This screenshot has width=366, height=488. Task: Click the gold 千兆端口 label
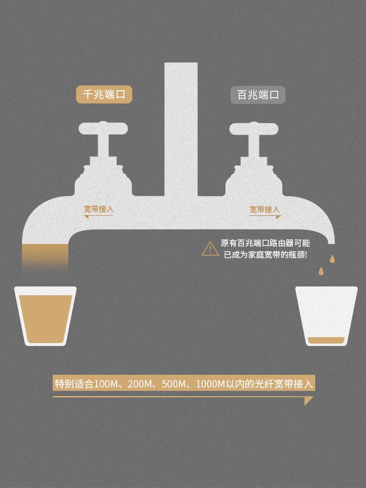pos(104,94)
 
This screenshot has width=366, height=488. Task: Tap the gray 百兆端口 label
pos(258,95)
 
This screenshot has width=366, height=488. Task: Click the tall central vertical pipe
pos(181,127)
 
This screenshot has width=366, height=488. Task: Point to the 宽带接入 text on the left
pos(99,209)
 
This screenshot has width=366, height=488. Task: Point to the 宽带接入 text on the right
pos(265,209)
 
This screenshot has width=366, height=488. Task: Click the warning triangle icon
pos(210,249)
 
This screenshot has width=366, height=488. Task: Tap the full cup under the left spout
pos(45,317)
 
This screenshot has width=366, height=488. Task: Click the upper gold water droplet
pos(332,259)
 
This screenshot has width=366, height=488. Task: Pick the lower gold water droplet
pos(321,270)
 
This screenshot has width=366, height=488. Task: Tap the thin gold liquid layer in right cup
pos(326,340)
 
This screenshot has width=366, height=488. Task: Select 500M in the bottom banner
pos(174,384)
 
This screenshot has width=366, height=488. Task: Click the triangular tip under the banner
pos(308,401)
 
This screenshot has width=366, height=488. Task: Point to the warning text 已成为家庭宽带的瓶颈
pos(265,255)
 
